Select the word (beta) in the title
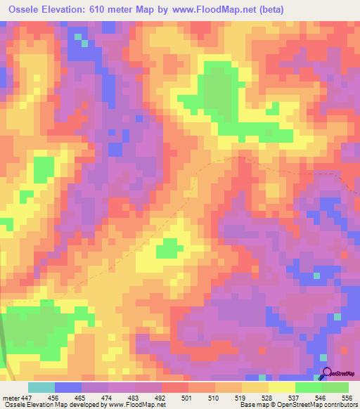pyautogui.click(x=336, y=11)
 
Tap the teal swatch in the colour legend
pyautogui.click(x=41, y=388)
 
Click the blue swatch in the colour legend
pyautogui.click(x=68, y=388)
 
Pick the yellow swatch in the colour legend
pyautogui.click(x=282, y=388)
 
